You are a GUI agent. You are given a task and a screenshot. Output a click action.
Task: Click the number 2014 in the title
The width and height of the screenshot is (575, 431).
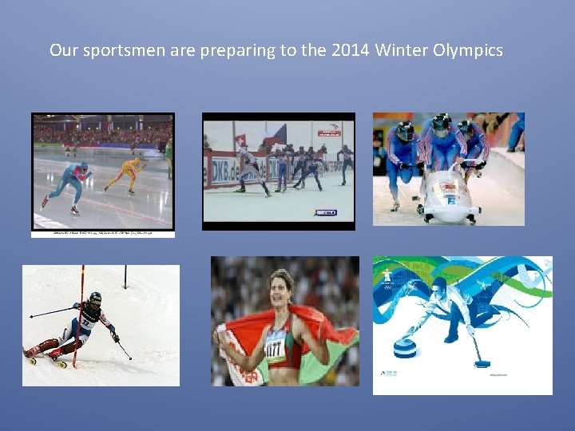click(350, 51)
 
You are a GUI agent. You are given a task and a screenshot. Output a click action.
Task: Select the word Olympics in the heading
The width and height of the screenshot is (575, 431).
click(468, 51)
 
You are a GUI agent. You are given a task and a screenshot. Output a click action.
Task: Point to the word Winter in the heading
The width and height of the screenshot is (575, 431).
click(402, 51)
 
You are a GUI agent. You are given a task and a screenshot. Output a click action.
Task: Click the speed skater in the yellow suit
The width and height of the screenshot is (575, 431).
click(126, 173)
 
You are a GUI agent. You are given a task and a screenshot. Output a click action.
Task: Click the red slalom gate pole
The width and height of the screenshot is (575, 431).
click(80, 319)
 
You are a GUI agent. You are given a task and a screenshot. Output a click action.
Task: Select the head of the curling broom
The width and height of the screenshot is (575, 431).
click(482, 364)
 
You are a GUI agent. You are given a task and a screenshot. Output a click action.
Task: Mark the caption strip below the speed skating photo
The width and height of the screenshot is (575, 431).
click(102, 234)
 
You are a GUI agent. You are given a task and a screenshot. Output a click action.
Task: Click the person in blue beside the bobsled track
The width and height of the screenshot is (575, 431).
click(517, 132)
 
